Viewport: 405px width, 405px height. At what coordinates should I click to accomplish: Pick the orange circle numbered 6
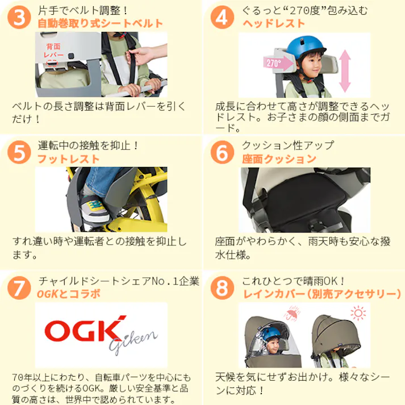[222, 153]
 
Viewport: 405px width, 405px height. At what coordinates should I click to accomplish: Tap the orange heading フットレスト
[68, 159]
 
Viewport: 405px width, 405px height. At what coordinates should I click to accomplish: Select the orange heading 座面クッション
[279, 159]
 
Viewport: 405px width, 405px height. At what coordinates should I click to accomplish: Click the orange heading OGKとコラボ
[68, 294]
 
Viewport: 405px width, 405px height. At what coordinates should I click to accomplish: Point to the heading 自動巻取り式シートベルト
[100, 24]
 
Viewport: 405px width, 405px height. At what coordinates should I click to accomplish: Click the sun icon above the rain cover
[358, 313]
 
